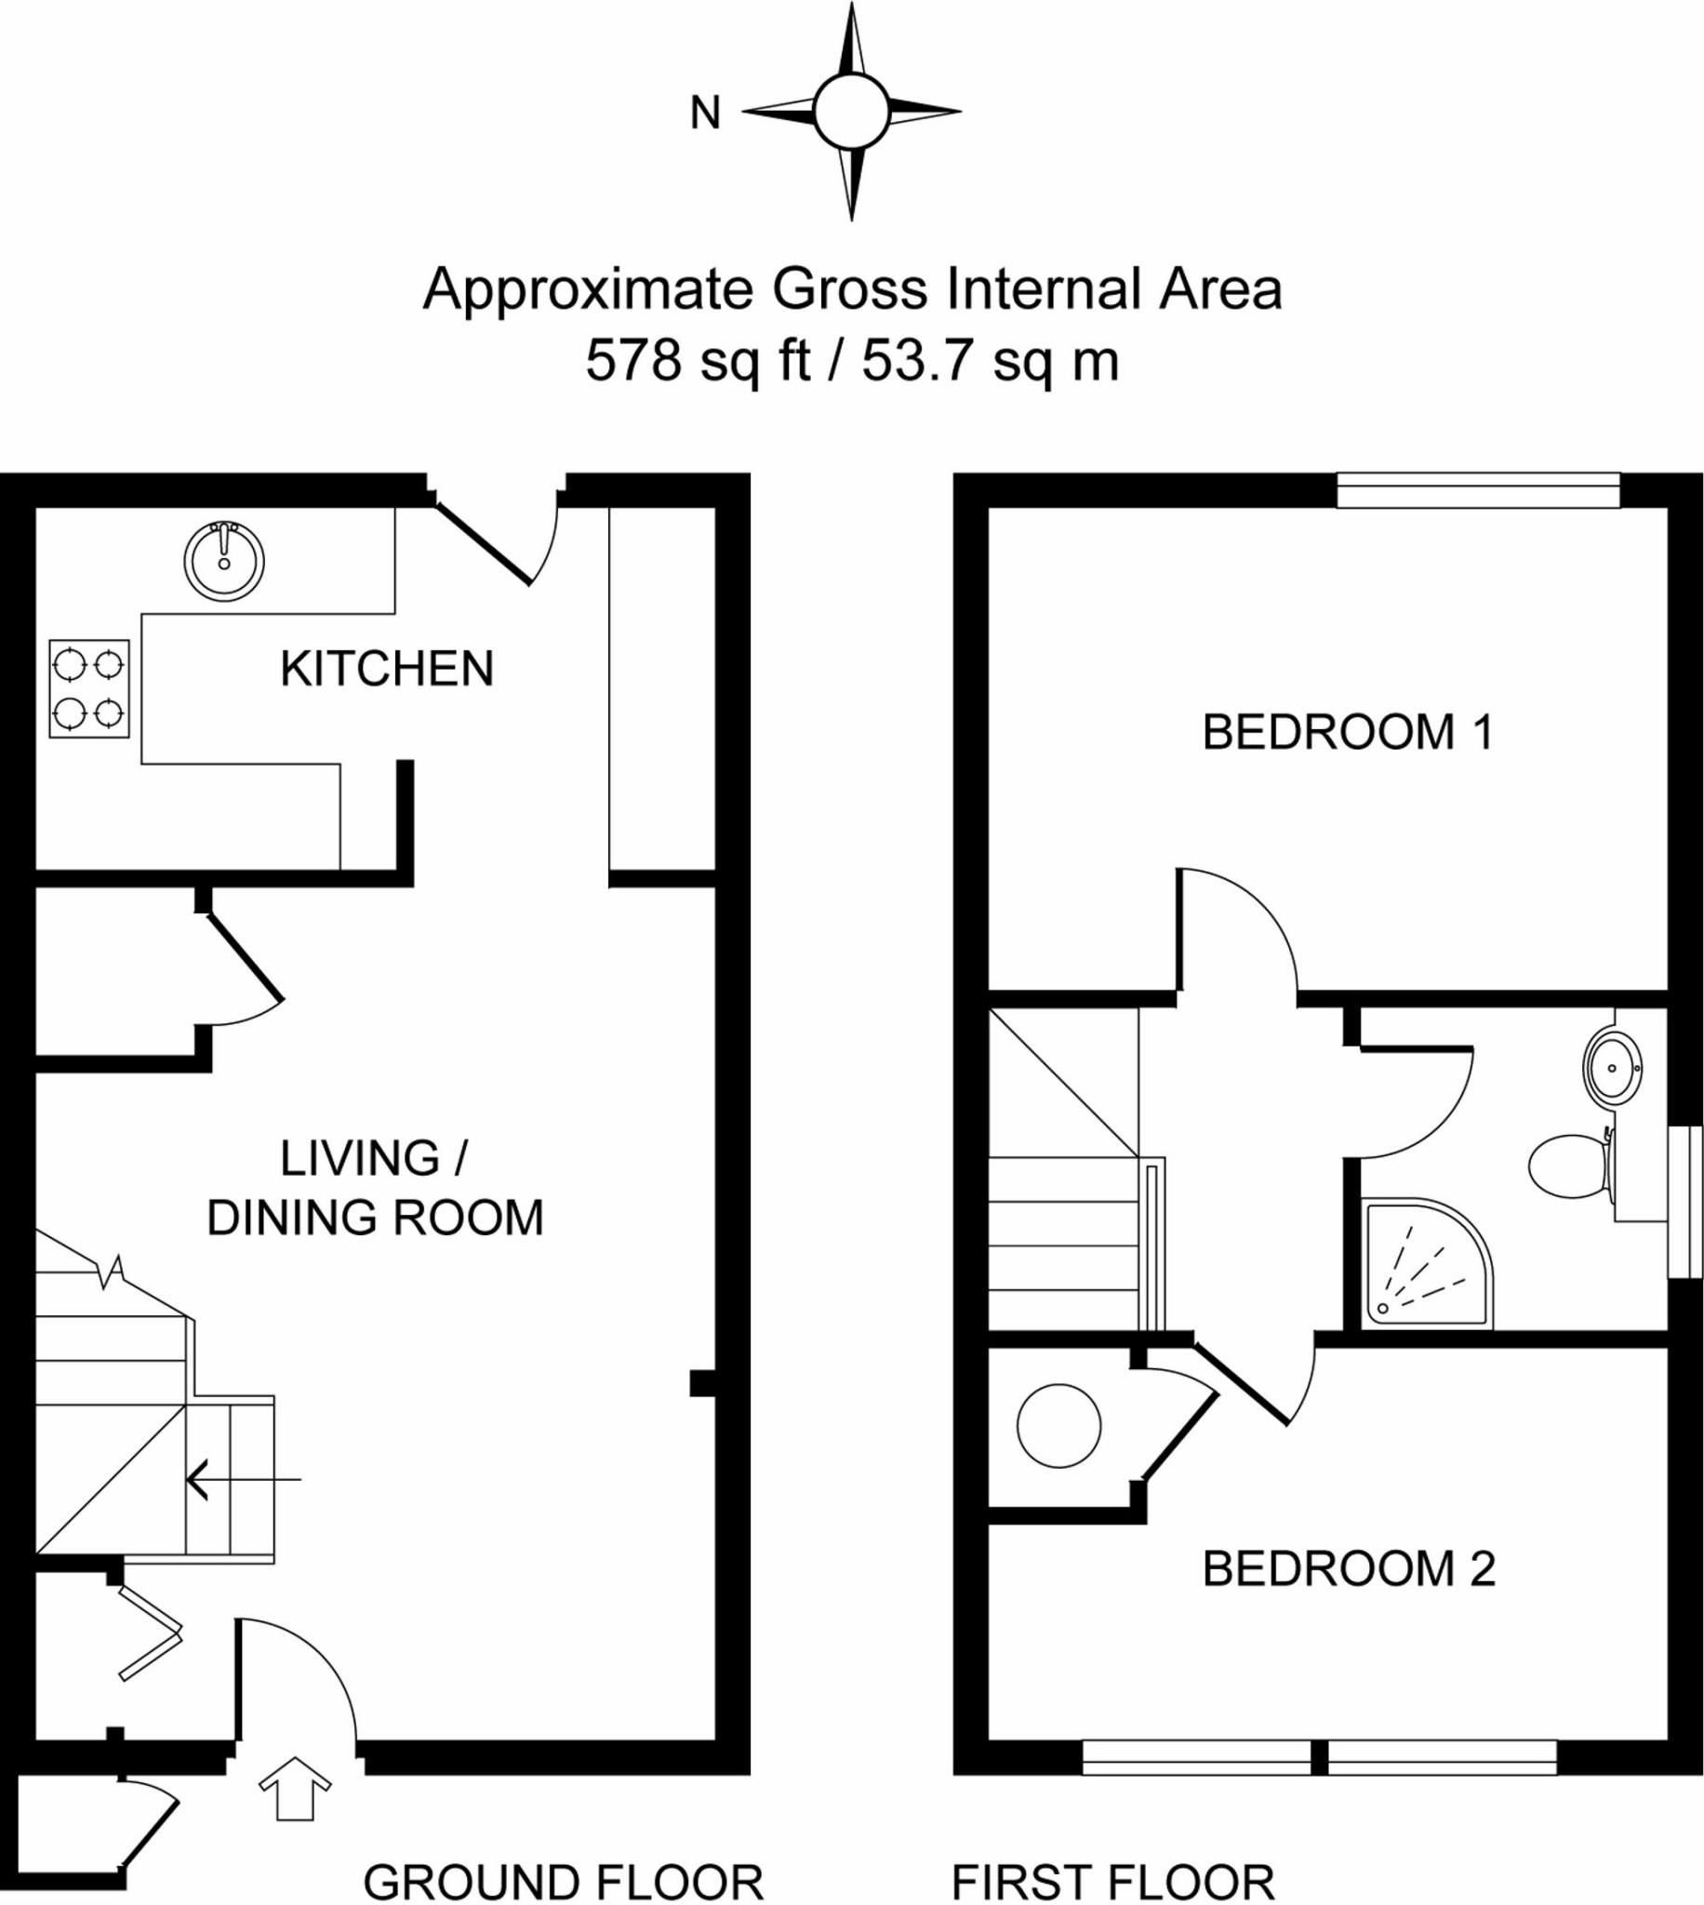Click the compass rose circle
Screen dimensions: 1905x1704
pos(850,112)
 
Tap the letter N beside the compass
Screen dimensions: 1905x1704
pos(705,113)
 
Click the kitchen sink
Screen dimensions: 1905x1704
pos(224,561)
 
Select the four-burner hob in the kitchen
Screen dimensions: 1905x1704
pos(89,689)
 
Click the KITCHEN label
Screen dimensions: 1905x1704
pos(387,670)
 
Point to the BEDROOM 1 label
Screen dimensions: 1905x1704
pos(1347,732)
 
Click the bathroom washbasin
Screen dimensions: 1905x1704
pos(1612,1066)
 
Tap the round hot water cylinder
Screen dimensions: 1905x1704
pos(1058,1426)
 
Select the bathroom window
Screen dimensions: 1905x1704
pos(1685,1200)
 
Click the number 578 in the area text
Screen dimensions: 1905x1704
pos(632,360)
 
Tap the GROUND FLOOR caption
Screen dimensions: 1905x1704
pos(563,1882)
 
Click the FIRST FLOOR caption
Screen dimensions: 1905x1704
pos(1112,1882)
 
